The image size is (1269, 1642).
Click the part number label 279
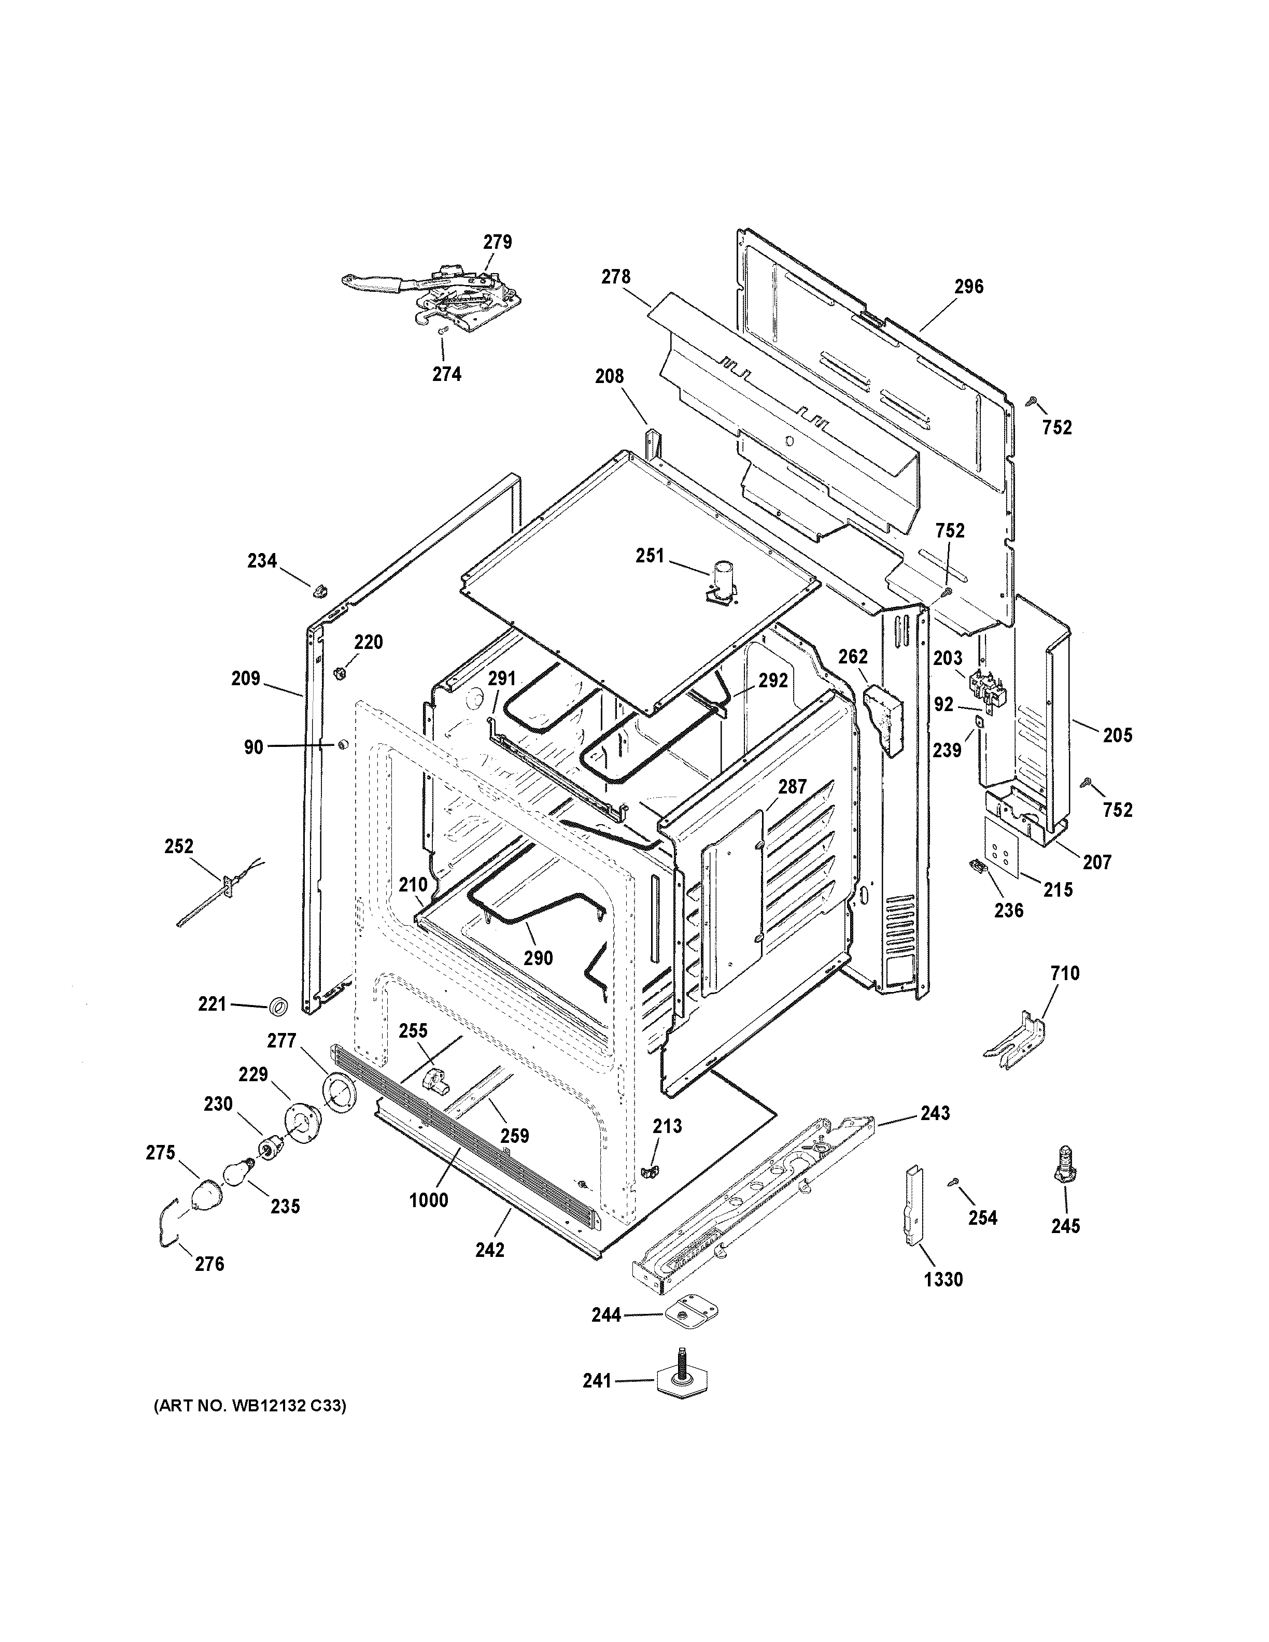click(x=497, y=242)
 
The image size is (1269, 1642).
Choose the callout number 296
click(x=968, y=287)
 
